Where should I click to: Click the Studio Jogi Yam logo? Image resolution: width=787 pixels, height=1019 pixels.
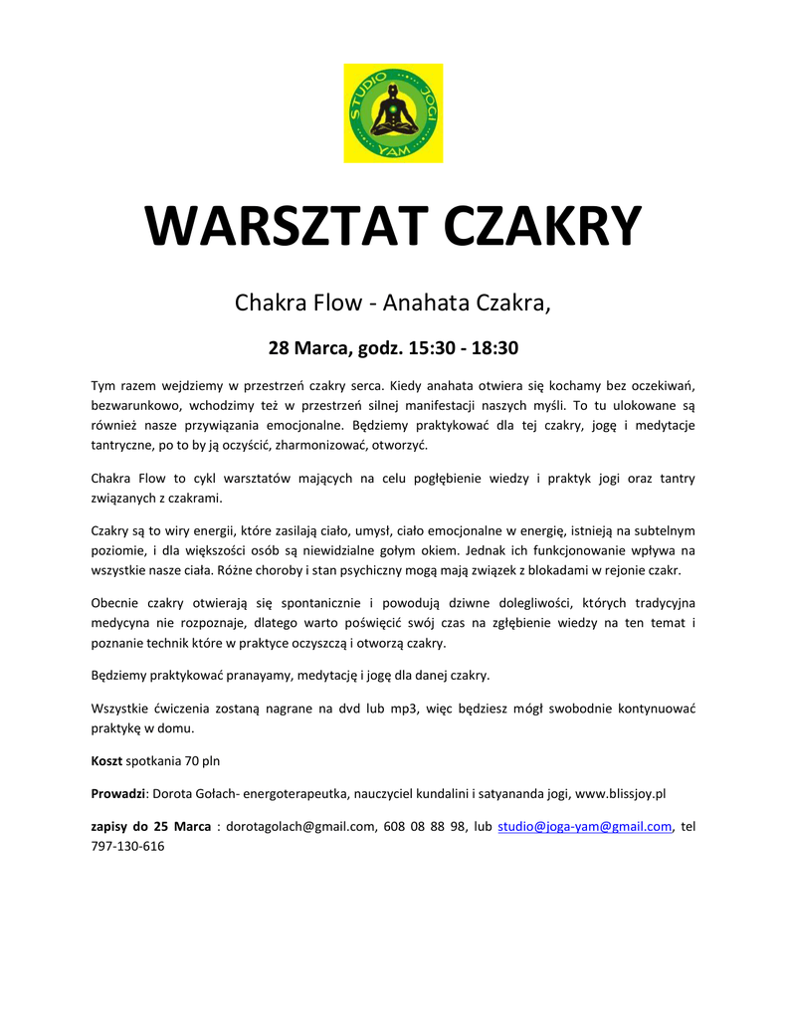pos(393,112)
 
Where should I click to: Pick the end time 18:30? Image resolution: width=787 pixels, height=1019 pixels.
pos(493,348)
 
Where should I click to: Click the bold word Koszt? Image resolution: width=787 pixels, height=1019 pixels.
pos(106,760)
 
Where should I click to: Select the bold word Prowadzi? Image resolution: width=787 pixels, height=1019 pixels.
pos(117,793)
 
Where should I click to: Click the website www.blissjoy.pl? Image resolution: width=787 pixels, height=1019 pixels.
pos(620,793)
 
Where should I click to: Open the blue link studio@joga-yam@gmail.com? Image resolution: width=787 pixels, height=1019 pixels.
pos(584,826)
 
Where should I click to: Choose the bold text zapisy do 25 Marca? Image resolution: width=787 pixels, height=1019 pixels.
pos(150,826)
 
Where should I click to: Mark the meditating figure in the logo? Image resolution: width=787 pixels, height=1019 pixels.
pos(392,111)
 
